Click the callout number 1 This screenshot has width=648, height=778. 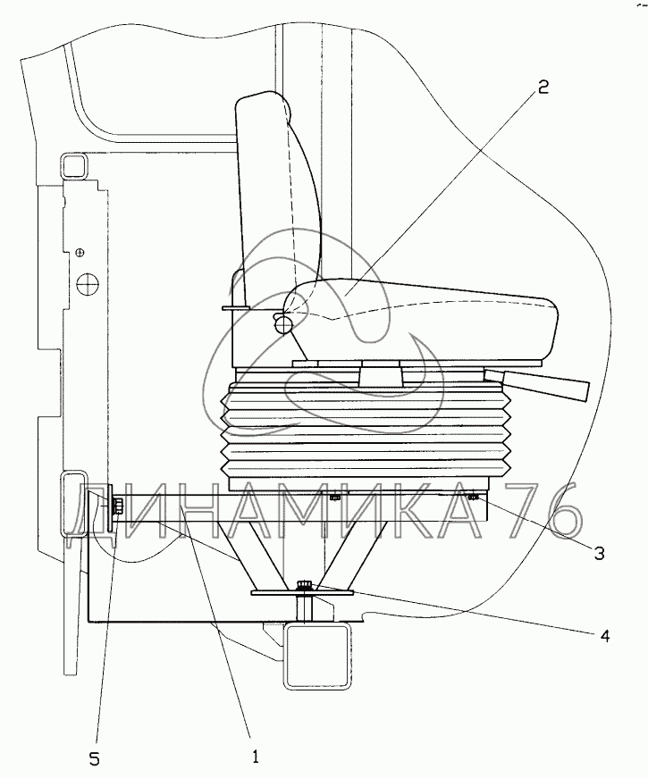click(255, 757)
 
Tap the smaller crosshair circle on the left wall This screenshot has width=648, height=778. click(80, 253)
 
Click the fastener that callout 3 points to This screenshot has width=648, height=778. click(474, 497)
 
